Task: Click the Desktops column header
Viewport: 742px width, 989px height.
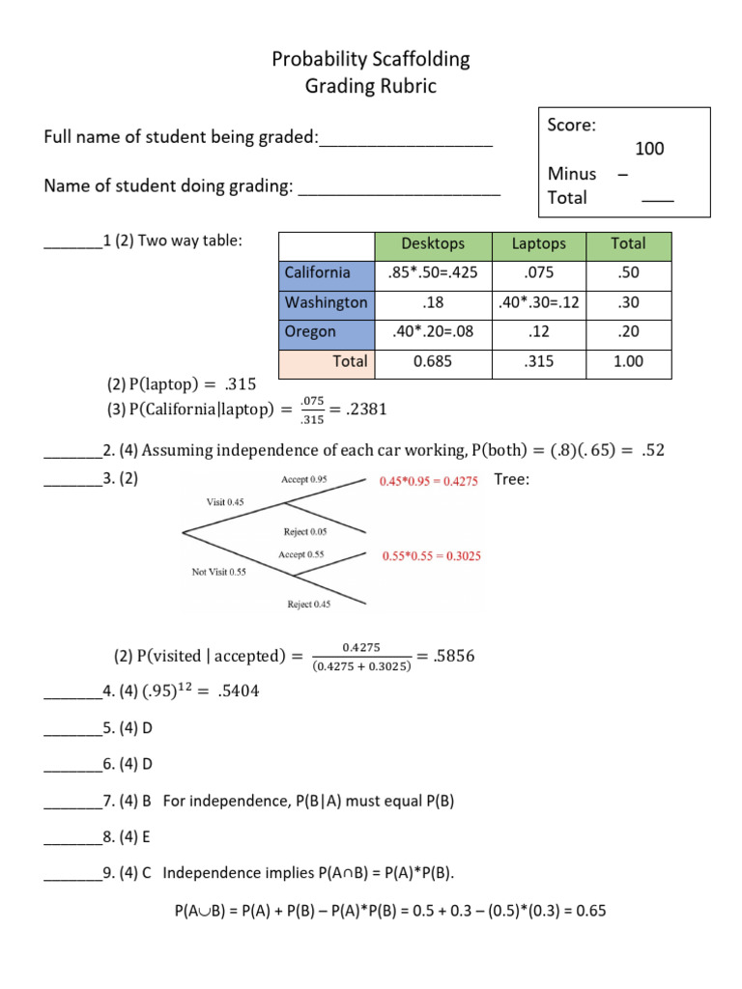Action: click(433, 244)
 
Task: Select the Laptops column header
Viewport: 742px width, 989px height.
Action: click(538, 244)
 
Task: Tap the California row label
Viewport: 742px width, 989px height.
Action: click(318, 273)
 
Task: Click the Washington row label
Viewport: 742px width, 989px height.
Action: click(327, 302)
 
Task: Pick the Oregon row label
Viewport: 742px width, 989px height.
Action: click(311, 331)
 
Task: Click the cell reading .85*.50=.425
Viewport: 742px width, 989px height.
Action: click(433, 273)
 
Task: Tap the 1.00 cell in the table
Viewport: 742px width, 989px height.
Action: click(628, 361)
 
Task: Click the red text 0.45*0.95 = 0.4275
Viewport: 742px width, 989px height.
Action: click(429, 481)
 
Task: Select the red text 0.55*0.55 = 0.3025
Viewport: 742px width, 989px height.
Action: click(432, 556)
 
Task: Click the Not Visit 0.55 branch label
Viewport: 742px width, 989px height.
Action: click(219, 572)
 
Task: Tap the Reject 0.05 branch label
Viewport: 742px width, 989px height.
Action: click(305, 531)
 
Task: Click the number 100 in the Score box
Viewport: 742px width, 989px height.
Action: click(649, 149)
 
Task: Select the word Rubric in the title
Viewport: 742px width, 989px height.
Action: click(401, 86)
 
